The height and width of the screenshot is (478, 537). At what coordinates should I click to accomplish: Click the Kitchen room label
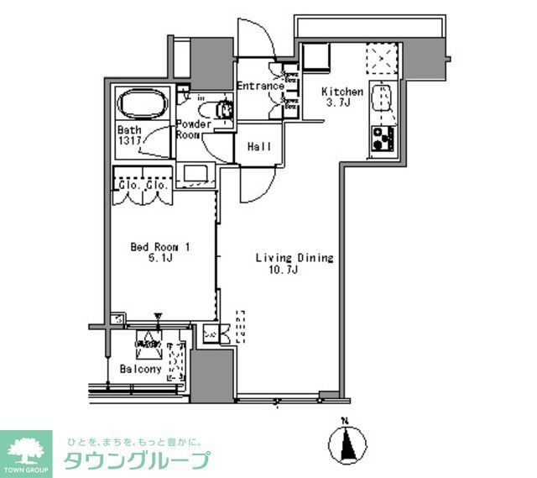point(343,92)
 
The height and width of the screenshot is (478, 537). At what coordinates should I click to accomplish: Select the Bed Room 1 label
point(159,247)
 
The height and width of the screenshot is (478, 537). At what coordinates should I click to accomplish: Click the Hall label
point(259,147)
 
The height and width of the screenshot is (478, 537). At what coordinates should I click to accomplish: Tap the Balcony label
point(140,369)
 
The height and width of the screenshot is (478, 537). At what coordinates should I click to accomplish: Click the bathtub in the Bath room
point(143,106)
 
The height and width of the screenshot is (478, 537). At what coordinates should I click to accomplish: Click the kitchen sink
point(385,98)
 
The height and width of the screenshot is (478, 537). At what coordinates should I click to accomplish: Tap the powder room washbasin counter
point(200,174)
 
